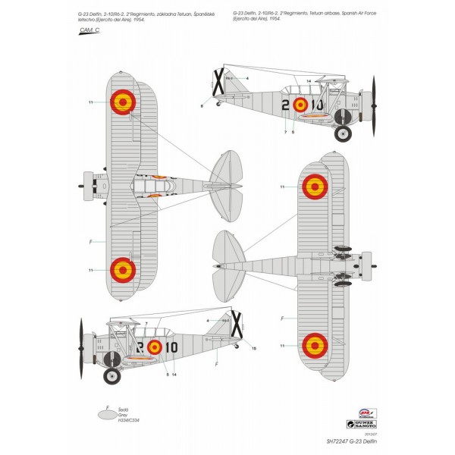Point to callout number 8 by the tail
[x=202, y=107]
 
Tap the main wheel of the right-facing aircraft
[x=343, y=133]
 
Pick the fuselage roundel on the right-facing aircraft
[x=300, y=105]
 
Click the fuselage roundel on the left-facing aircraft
[x=155, y=347]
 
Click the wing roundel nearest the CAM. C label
[x=122, y=101]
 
